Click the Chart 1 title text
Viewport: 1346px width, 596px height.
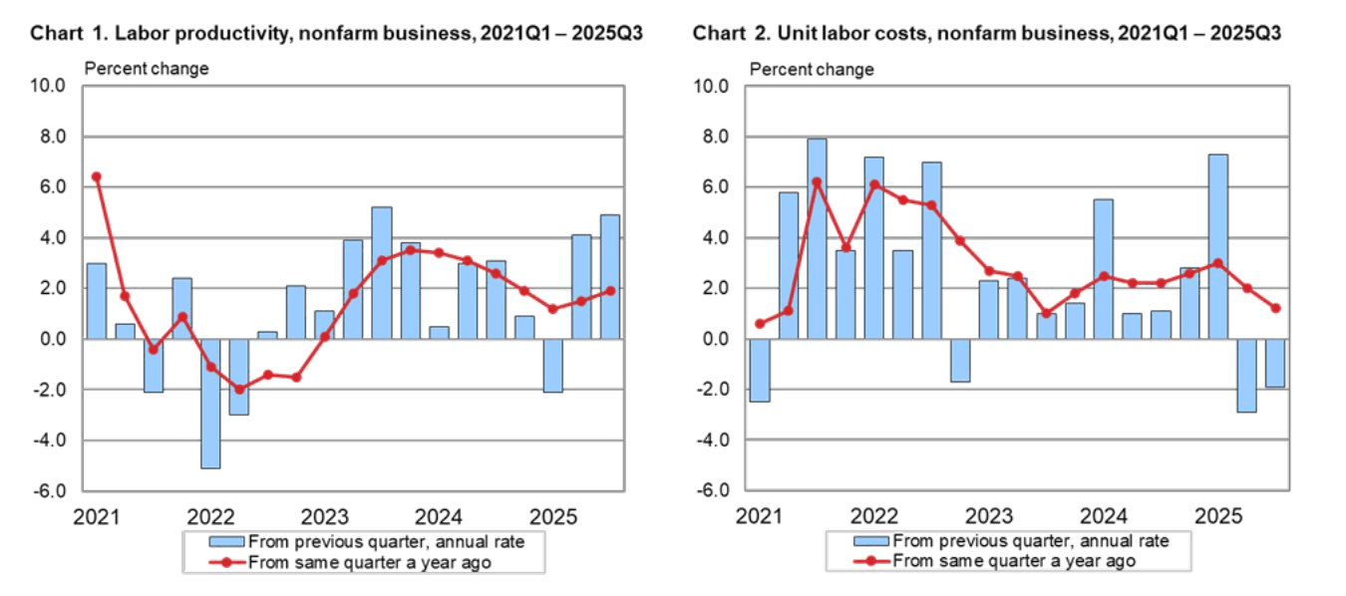click(336, 33)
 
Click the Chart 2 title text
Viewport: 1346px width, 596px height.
click(987, 33)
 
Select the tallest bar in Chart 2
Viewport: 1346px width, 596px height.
click(817, 239)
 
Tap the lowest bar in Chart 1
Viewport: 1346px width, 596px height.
click(210, 403)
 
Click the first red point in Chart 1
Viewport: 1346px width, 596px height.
click(96, 176)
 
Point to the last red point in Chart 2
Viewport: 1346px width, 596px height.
click(1276, 308)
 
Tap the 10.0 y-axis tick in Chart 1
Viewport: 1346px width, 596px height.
click(49, 86)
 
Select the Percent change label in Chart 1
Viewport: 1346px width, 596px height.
click(147, 69)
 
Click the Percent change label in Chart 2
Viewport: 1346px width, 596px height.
click(812, 69)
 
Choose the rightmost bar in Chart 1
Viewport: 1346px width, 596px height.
click(610, 276)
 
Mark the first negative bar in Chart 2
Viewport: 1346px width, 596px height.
click(760, 370)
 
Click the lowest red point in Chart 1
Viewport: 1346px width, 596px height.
click(239, 390)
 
